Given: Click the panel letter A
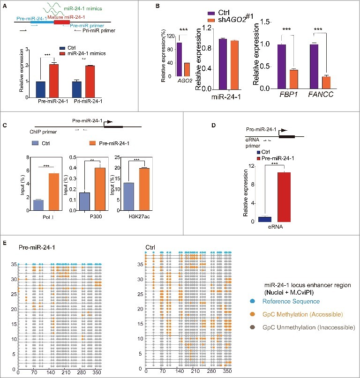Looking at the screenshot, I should (x=4, y=6).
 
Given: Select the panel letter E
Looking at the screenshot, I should (x=4, y=243).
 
